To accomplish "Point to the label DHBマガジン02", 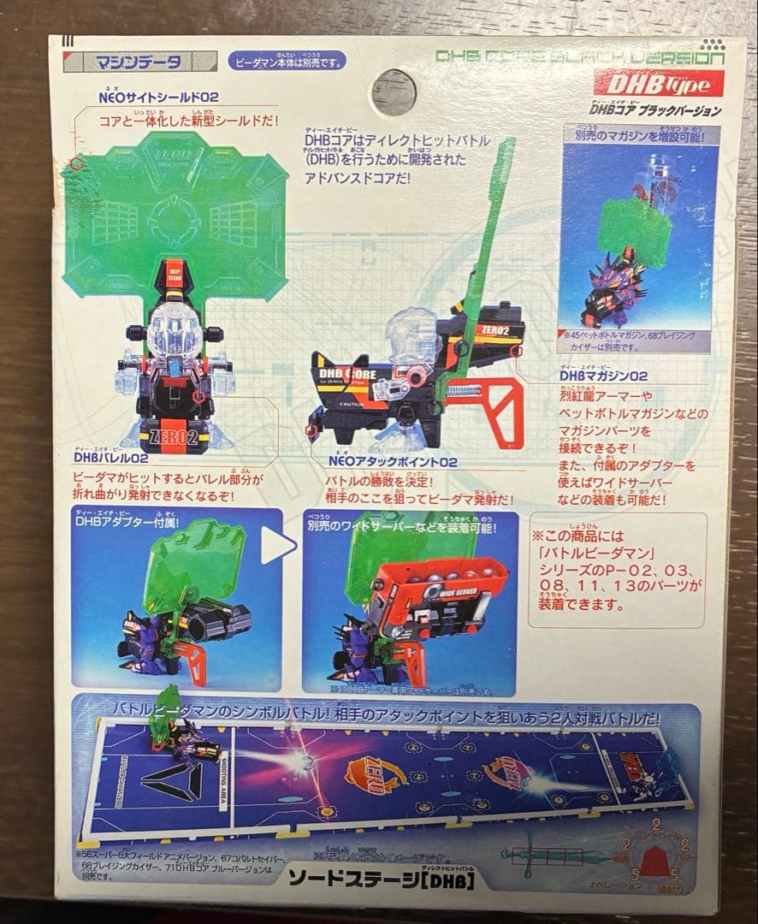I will point(603,375).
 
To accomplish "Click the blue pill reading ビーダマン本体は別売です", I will point(288,62).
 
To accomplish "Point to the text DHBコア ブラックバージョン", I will point(655,110).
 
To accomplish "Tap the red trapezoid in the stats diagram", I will point(654,862).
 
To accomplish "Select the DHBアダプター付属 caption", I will point(132,522).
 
